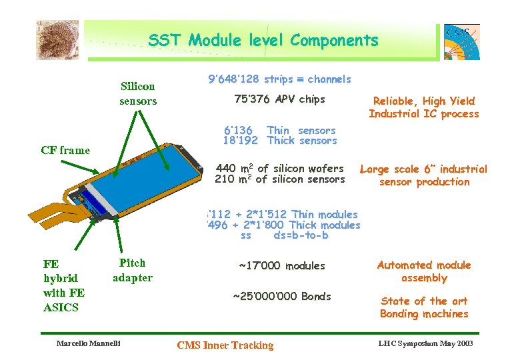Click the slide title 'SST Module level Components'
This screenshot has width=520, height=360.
263,41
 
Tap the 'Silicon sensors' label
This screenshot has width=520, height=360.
138,93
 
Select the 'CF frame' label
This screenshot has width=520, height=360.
65,150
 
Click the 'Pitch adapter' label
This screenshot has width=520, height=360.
133,270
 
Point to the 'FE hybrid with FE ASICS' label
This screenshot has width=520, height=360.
64,285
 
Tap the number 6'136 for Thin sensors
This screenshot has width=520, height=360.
238,130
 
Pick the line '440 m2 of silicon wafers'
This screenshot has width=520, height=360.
280,169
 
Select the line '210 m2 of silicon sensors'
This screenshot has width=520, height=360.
280,179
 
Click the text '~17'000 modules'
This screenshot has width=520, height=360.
281,266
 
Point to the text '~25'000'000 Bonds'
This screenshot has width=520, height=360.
281,296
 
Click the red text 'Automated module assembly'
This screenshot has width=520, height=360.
423,271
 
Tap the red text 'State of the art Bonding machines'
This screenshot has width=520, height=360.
423,307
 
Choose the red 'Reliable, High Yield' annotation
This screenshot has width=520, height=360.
423,101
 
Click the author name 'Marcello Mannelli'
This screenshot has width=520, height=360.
89,344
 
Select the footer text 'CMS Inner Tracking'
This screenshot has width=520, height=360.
225,345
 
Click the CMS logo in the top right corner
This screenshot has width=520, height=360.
461,41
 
